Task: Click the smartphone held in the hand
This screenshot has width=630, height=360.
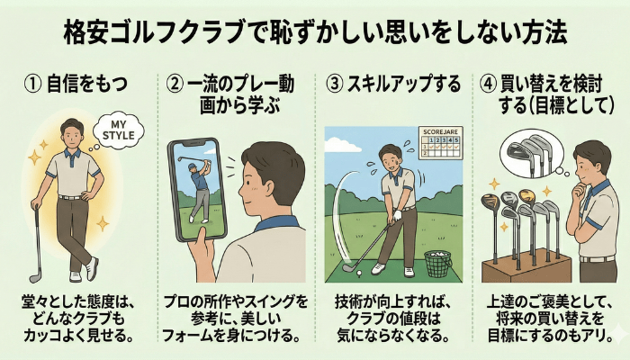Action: tap(198, 190)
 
